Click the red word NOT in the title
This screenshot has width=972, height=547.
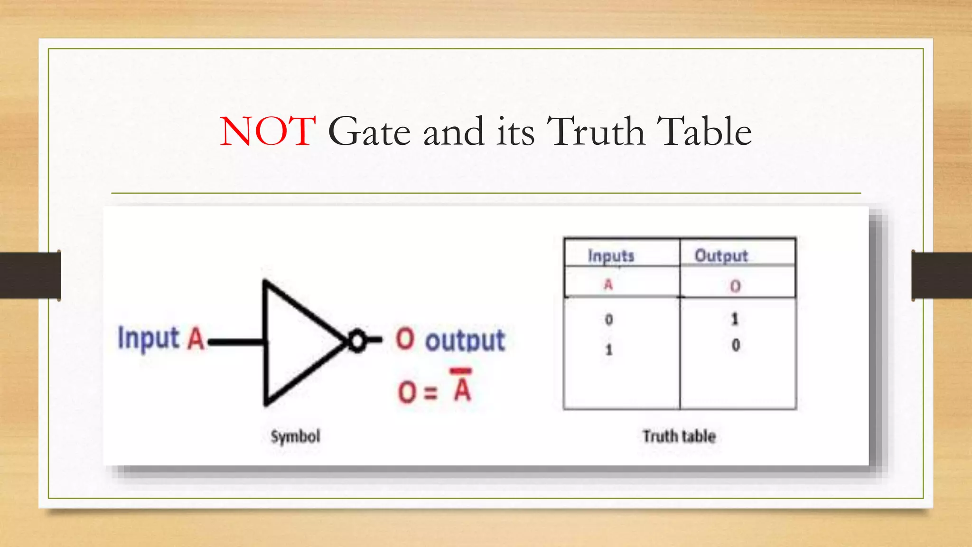pyautogui.click(x=268, y=132)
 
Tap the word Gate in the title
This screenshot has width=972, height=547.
pyautogui.click(x=369, y=132)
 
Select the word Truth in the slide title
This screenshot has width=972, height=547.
pyautogui.click(x=596, y=132)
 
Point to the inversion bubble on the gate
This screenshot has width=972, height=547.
pyautogui.click(x=357, y=340)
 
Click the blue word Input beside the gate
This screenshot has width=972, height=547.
pyautogui.click(x=148, y=339)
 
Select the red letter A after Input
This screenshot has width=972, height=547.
pyautogui.click(x=196, y=339)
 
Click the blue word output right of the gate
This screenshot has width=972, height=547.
pyautogui.click(x=465, y=340)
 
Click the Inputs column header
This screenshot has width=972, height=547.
pyautogui.click(x=611, y=256)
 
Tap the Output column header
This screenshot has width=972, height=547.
pyautogui.click(x=721, y=256)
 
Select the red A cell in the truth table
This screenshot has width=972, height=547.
pyautogui.click(x=608, y=285)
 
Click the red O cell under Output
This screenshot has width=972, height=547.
pyautogui.click(x=735, y=286)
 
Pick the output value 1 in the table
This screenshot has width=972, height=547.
pyautogui.click(x=735, y=319)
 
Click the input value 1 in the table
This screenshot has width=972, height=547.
pyautogui.click(x=609, y=350)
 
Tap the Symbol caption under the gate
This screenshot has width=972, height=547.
pyautogui.click(x=295, y=436)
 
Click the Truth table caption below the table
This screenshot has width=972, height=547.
pyautogui.click(x=679, y=436)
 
